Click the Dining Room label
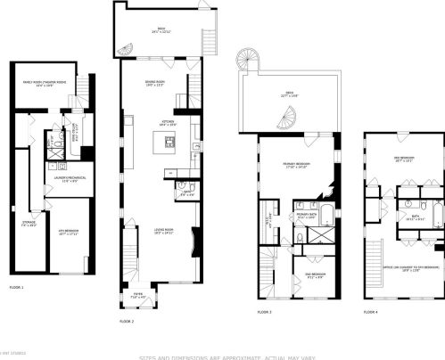tap(157, 86)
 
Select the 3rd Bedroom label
tap(405, 160)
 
